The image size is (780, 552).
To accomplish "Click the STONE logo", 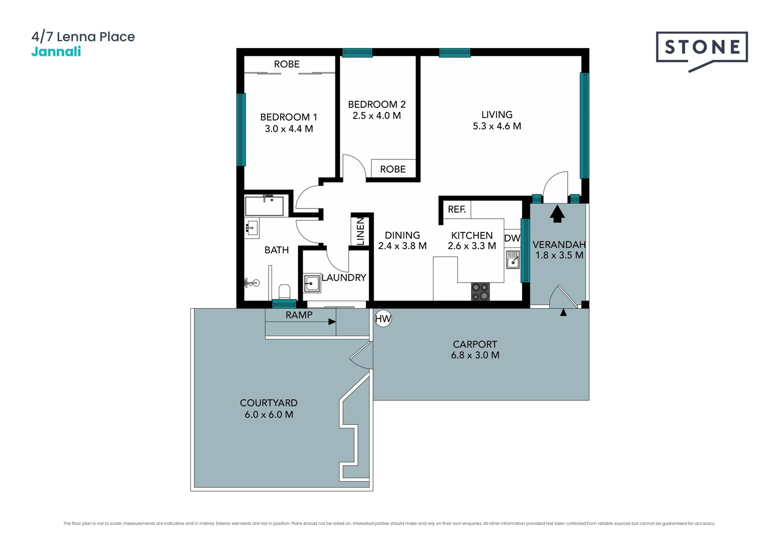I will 701,49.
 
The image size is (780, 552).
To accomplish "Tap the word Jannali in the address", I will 56,52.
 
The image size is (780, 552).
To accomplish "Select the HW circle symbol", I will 383,319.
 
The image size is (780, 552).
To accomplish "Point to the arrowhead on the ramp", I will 332,322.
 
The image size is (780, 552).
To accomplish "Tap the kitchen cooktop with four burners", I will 480,292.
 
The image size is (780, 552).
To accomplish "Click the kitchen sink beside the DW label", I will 513,259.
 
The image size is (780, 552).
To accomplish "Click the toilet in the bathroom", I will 284,292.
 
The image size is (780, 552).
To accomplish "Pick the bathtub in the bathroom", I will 264,206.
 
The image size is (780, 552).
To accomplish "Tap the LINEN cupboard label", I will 360,231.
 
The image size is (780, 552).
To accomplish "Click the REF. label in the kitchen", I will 456,210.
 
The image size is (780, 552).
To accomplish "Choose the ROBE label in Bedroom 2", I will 393,169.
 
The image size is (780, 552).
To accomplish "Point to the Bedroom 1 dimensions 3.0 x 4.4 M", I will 288,129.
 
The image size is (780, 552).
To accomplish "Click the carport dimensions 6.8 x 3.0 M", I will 475,355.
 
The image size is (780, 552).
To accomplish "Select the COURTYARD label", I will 269,403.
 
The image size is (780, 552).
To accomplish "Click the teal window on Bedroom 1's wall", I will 241,129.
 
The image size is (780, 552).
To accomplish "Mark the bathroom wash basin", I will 251,228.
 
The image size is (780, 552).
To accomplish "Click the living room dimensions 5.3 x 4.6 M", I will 497,126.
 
